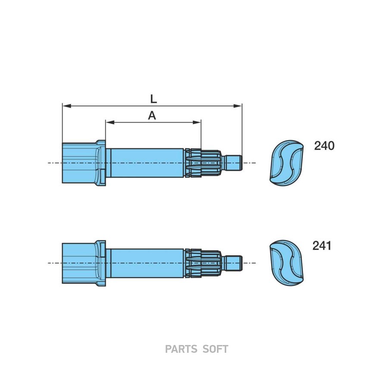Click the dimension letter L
153,99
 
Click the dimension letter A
152,116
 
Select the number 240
324,146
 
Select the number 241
322,246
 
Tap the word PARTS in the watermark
181,349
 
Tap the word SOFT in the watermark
215,349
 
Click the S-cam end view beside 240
286,163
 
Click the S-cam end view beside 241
286,263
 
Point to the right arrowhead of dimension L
238,106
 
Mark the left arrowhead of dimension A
110,122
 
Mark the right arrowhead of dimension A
197,122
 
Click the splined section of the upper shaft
203,163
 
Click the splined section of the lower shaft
203,263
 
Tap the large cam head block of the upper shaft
79,163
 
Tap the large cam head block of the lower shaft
79,263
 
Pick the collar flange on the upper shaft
101,163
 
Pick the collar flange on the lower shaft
101,263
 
